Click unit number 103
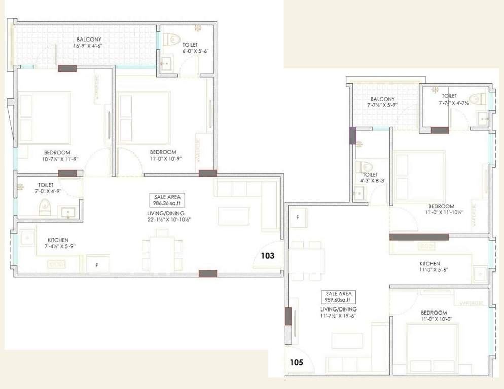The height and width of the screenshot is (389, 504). tap(267, 256)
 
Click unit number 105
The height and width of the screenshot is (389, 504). tap(297, 362)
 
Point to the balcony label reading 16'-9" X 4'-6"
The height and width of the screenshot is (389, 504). tap(89, 43)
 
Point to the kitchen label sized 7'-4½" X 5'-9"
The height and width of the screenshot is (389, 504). tap(59, 243)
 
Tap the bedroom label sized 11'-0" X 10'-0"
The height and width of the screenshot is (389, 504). tap(434, 316)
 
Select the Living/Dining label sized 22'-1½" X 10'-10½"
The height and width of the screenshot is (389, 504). tap(168, 216)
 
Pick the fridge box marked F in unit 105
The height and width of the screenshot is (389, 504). tap(297, 217)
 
